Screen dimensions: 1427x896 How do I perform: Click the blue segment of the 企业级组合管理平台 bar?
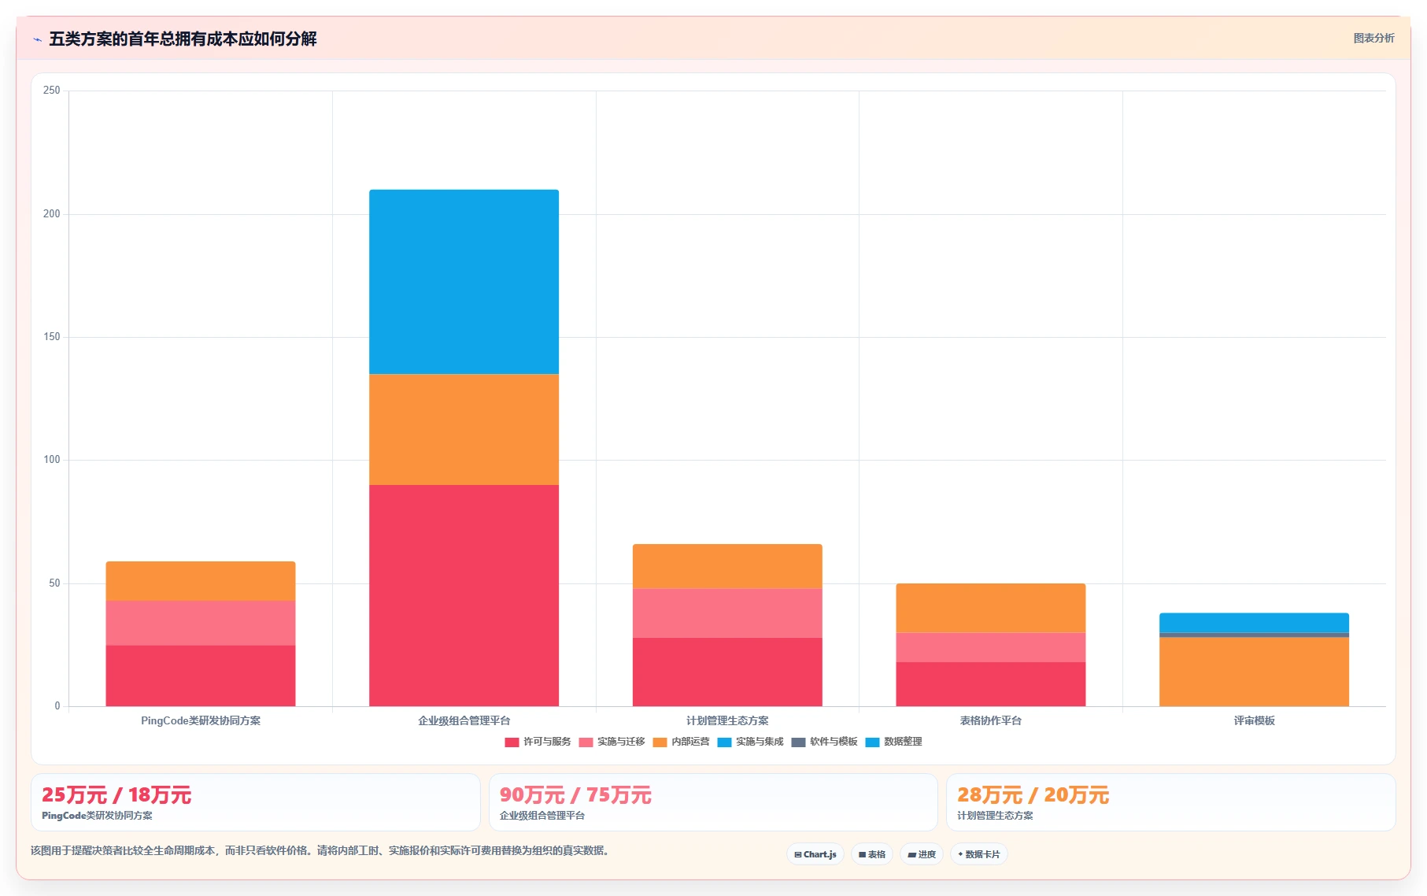[x=464, y=282]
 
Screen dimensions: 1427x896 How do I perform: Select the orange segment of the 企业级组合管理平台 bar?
[x=464, y=429]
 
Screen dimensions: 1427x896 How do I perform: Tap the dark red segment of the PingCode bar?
[x=201, y=676]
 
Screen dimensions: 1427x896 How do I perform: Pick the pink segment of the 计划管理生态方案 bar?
[x=727, y=613]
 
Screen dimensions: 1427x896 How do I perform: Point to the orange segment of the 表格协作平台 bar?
[x=990, y=608]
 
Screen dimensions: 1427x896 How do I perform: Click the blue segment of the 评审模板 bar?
[x=1254, y=623]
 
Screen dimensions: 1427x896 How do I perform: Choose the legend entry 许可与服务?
[x=538, y=742]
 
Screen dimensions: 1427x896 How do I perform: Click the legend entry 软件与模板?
[x=824, y=742]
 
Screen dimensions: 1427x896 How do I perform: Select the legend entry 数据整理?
[x=893, y=742]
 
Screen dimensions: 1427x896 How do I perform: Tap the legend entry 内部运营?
[x=682, y=742]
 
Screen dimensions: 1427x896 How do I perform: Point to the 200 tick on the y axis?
[x=52, y=214]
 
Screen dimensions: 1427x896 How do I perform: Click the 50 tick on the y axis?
[x=54, y=583]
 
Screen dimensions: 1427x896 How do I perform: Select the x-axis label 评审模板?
[x=1254, y=720]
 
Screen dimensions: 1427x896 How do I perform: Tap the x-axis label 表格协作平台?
[x=990, y=720]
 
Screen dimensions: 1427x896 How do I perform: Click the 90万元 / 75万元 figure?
[x=575, y=795]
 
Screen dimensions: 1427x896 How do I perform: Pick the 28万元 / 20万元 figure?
[x=1033, y=795]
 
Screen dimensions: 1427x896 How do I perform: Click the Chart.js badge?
[x=815, y=854]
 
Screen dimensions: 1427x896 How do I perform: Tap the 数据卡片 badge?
[x=978, y=854]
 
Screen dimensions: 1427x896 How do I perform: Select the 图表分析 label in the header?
[x=1373, y=38]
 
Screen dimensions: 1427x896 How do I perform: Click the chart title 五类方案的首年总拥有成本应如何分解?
[x=183, y=39]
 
